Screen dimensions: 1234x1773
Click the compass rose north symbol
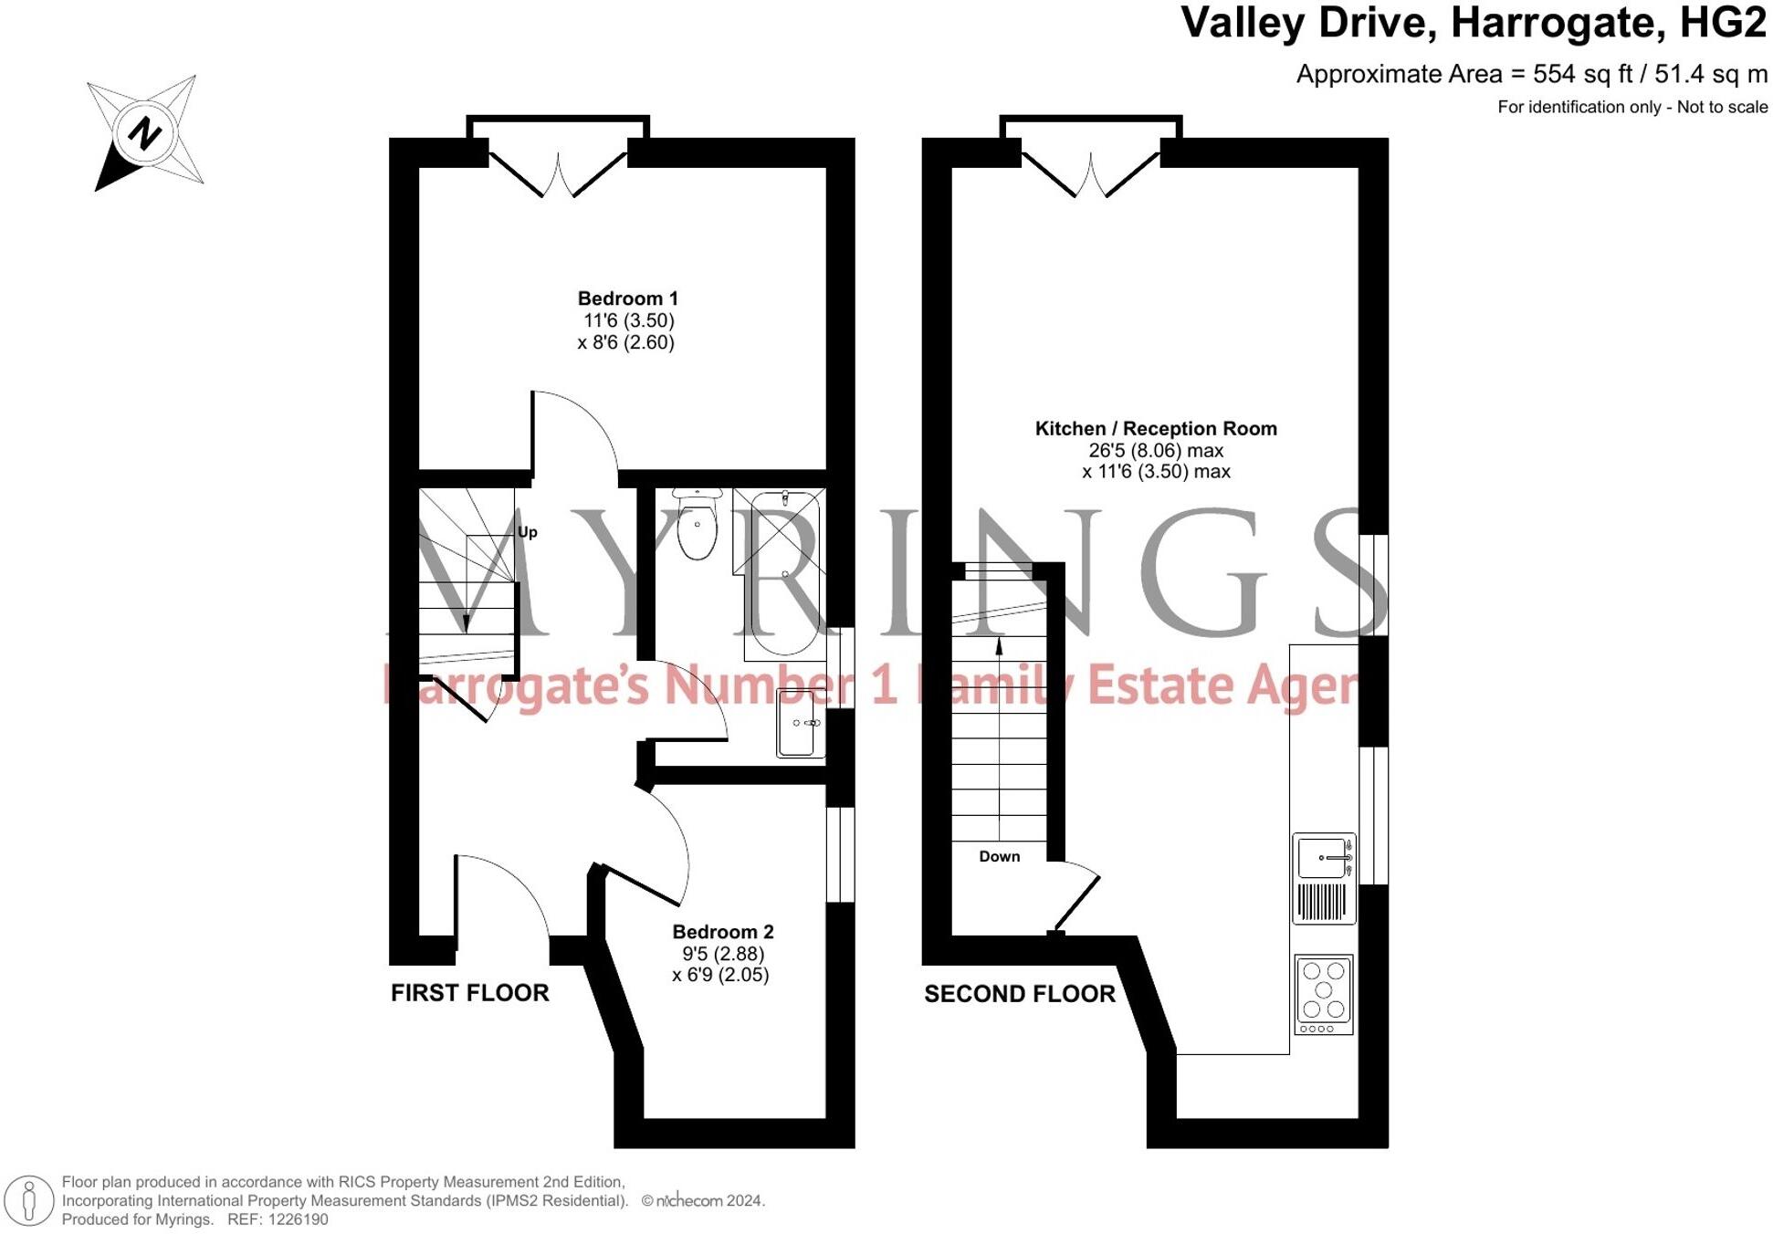pos(144,134)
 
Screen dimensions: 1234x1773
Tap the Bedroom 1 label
pos(627,298)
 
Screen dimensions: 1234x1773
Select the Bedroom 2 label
pos(722,932)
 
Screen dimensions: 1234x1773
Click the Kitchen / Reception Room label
pos(1155,428)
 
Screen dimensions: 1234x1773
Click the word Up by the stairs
pos(528,532)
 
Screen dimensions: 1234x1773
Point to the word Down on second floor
pos(999,856)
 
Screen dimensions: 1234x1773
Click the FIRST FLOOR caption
pos(469,993)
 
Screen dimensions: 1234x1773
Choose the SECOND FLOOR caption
pos(1019,994)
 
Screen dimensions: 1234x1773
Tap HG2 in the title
pos(1723,23)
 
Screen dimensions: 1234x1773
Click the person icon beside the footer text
pos(29,1199)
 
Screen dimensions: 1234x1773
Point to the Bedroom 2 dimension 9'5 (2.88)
pos(722,954)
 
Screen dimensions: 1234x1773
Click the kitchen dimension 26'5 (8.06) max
pos(1155,450)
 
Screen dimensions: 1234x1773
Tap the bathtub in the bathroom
pos(781,575)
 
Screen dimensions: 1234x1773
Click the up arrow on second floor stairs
pos(999,647)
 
